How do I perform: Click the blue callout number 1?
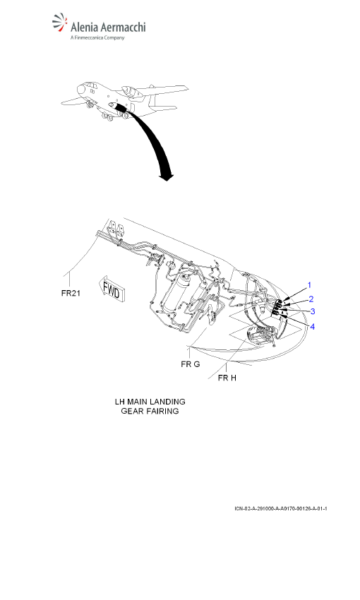click(x=309, y=285)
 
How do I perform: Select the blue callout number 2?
click(x=311, y=299)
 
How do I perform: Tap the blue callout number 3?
click(x=313, y=311)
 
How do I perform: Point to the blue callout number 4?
click(x=312, y=327)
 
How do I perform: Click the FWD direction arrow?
click(x=112, y=290)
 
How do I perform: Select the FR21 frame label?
click(x=71, y=294)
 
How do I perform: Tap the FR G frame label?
click(x=191, y=364)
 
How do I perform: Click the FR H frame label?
click(x=227, y=378)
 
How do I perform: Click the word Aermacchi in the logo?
click(x=124, y=28)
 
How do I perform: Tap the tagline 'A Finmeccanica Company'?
click(x=97, y=37)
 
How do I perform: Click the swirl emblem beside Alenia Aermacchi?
click(x=60, y=23)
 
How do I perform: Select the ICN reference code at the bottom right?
click(x=281, y=508)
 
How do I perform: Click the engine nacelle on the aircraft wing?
click(x=129, y=91)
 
